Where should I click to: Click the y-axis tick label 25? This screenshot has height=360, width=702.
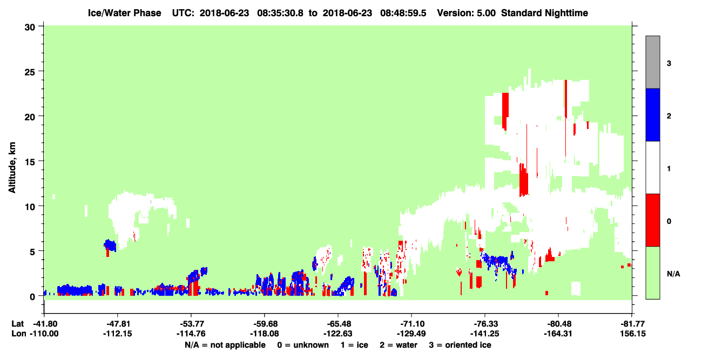coord(30,72)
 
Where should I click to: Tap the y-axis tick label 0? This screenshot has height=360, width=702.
coord(32,297)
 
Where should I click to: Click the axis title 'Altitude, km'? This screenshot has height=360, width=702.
coord(12,168)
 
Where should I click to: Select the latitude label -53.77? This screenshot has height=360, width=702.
coord(191,324)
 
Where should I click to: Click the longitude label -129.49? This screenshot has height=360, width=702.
coord(411,334)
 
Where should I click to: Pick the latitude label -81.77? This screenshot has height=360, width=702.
coord(632,324)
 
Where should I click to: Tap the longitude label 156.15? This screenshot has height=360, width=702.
coord(633,334)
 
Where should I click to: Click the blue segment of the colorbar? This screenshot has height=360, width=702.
coord(653,114)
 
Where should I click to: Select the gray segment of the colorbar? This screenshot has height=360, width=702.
coord(653,62)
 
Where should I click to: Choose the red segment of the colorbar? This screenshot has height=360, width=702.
coord(653,220)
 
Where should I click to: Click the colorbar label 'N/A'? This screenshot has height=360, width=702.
coord(673,274)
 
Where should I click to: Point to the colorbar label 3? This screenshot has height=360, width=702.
coord(669,64)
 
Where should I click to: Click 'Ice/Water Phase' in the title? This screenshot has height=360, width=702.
coord(124,13)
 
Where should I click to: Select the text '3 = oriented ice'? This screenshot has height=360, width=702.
coord(460,345)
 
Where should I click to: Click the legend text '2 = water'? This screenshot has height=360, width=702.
coord(399,345)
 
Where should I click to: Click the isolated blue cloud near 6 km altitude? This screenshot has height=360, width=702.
coord(110,245)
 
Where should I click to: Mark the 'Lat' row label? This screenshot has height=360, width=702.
coord(17,324)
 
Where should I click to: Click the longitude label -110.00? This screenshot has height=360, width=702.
coord(44,334)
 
